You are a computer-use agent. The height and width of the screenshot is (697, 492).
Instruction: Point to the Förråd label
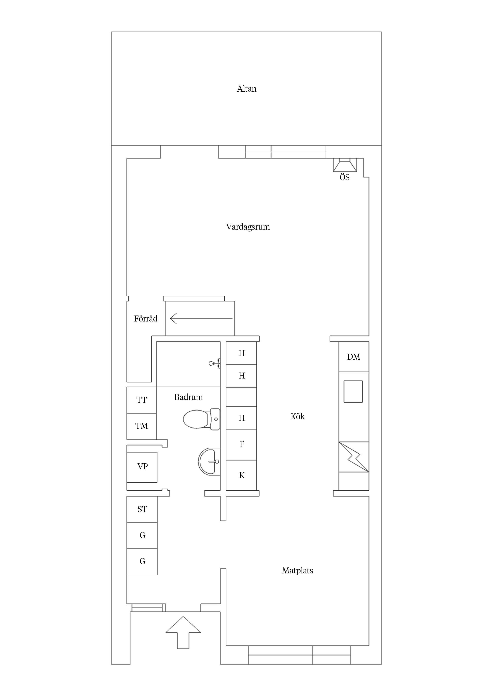[x=146, y=318]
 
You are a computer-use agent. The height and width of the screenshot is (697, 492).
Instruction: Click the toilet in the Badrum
[x=201, y=419]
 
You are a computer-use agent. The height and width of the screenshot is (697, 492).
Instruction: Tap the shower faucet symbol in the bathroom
[x=215, y=363]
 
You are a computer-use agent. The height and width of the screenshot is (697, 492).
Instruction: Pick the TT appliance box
[x=142, y=400]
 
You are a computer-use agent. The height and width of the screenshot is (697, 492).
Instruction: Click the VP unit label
[x=142, y=466]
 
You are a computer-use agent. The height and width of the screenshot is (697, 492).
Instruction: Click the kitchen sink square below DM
[x=353, y=392]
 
